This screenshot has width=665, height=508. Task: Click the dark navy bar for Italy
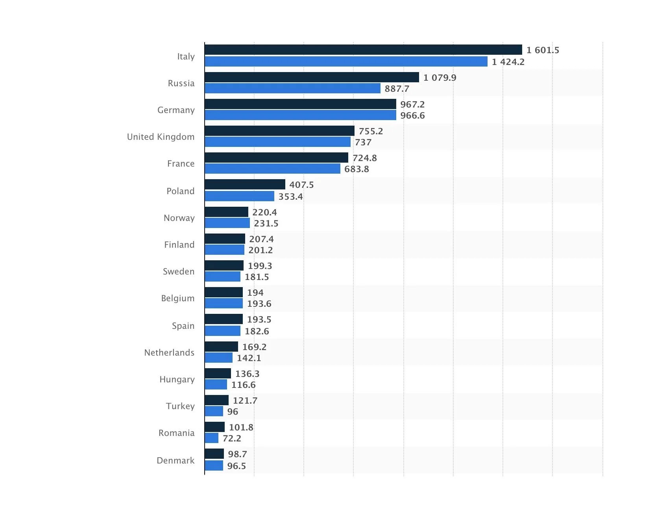(363, 50)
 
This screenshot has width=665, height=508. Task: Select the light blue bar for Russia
(292, 88)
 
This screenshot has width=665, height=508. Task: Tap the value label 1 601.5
(543, 50)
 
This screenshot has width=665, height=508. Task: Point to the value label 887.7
(397, 89)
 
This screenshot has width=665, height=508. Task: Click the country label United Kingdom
(161, 137)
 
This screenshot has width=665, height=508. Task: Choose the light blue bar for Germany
(300, 115)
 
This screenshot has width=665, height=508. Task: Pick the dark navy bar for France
(276, 158)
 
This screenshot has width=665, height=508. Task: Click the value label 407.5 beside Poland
(301, 185)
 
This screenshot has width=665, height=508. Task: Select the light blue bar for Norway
(227, 223)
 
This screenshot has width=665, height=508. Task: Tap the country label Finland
(179, 245)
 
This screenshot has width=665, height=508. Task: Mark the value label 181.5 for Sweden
(257, 277)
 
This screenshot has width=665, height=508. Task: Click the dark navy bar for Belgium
(224, 292)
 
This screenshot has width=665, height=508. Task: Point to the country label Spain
(183, 326)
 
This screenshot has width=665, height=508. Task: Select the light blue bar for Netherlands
(218, 358)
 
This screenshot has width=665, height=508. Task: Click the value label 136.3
(247, 374)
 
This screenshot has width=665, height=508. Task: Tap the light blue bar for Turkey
(214, 411)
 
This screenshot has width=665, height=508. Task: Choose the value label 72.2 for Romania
(232, 438)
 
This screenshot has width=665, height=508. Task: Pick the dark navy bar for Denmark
(214, 454)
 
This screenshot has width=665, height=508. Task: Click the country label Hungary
(177, 379)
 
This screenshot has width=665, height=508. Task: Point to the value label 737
(363, 142)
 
